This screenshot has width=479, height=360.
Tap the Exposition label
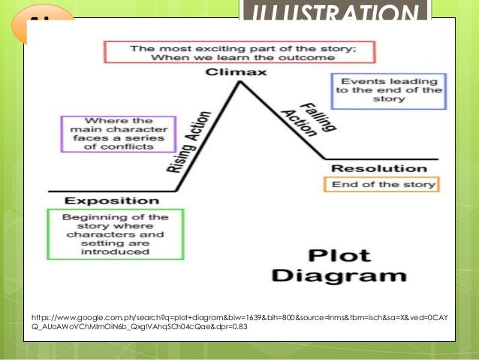[x=112, y=201]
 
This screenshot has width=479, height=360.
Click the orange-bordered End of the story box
[x=380, y=184]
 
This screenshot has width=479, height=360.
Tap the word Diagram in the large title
[x=329, y=275]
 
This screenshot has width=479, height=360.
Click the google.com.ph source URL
[x=238, y=322]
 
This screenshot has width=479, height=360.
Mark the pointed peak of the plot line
[x=239, y=81]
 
